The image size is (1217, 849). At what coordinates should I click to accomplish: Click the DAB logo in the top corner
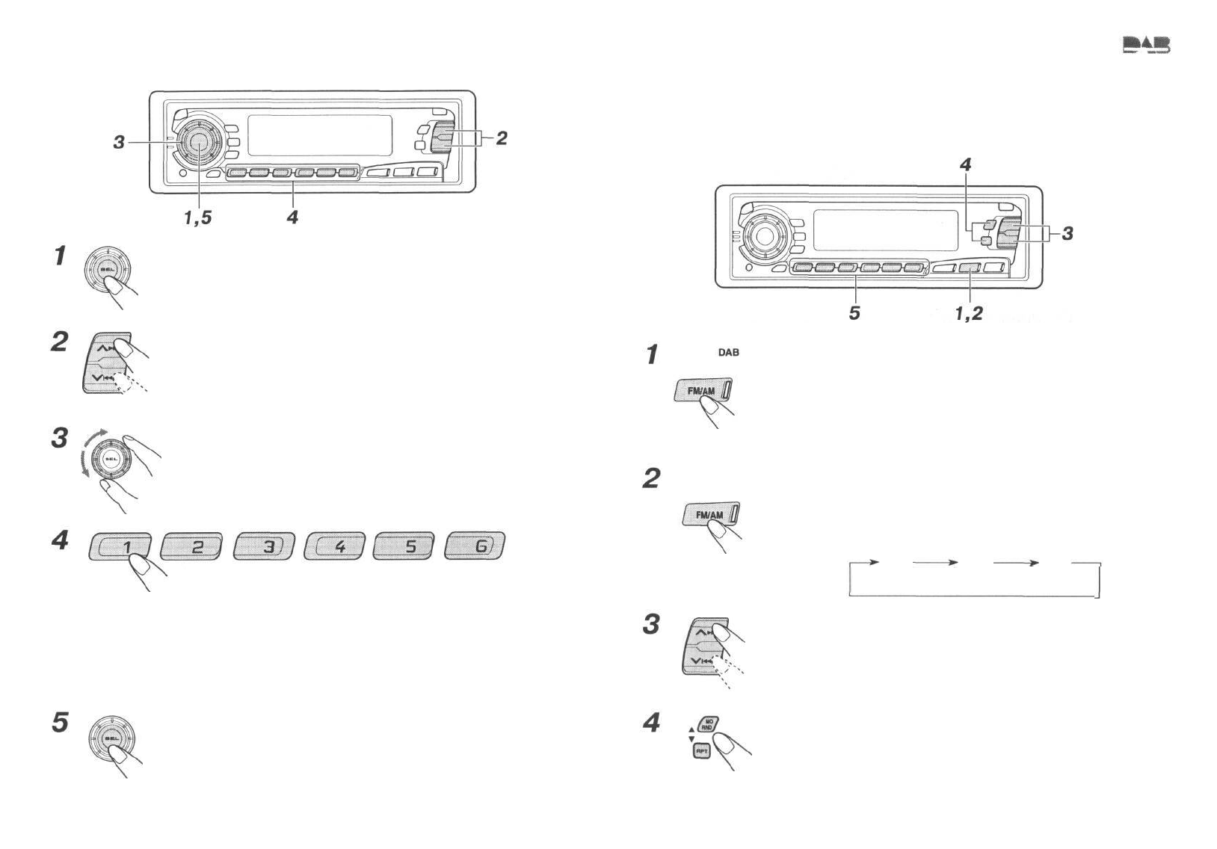tap(1146, 46)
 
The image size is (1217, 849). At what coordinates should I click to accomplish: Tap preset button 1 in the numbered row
tap(120, 546)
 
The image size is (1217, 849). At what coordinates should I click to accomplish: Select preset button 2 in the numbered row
tap(191, 546)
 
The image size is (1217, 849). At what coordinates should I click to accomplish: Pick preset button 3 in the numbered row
tap(264, 546)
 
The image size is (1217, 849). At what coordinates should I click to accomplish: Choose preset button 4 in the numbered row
tap(335, 546)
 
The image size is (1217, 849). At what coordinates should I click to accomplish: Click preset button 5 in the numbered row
tap(404, 546)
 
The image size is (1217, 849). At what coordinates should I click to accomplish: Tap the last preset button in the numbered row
tap(475, 546)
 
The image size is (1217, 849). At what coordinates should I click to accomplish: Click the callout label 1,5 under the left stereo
tap(198, 217)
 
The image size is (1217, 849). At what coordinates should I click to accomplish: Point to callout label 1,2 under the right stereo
tap(969, 314)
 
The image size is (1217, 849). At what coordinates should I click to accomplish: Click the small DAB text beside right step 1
tap(728, 353)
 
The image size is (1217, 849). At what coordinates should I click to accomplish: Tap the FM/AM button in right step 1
tap(703, 390)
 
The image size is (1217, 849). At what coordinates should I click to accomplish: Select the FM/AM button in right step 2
tap(711, 515)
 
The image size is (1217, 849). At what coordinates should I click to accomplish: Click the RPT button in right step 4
tap(702, 751)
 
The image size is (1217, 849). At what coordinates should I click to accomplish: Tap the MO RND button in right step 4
tap(708, 724)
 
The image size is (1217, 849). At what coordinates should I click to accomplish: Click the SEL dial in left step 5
tap(111, 738)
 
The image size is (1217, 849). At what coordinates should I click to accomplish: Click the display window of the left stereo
tap(319, 135)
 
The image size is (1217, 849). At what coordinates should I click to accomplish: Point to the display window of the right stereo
tap(885, 230)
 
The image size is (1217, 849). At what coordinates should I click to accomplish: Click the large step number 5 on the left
tap(60, 723)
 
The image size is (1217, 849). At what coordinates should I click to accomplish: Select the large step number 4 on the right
tap(652, 723)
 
